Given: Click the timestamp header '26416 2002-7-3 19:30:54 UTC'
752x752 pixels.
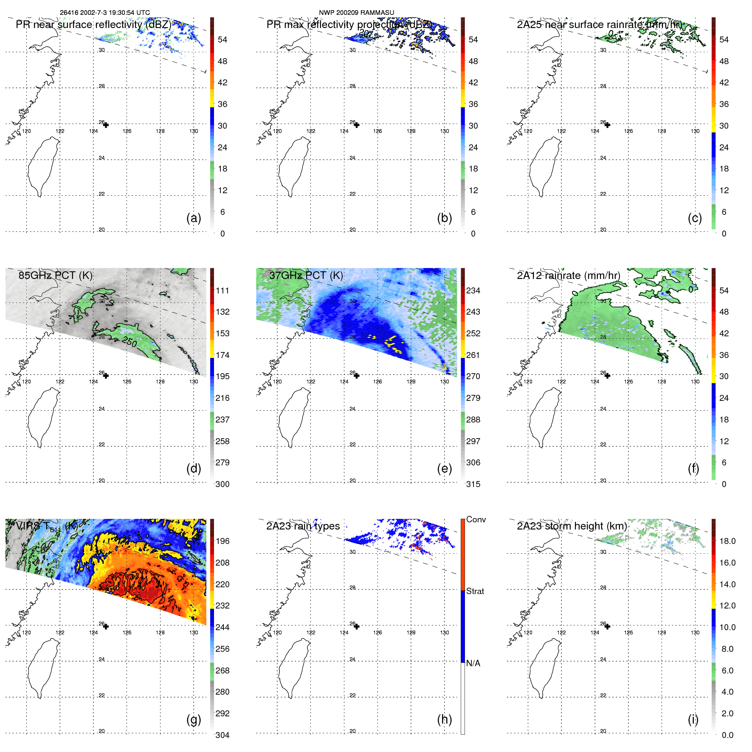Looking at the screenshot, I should (104, 13).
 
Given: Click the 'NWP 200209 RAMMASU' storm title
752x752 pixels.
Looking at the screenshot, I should (356, 13).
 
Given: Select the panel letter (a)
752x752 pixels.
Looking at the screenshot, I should (194, 218).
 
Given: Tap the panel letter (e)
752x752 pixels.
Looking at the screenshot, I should (444, 469).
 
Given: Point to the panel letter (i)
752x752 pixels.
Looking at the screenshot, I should (693, 719).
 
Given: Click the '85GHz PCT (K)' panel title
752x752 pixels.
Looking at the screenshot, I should (55, 275).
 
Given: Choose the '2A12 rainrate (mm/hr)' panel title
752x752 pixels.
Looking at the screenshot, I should (568, 275).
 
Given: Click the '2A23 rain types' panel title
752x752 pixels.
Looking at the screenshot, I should (303, 526).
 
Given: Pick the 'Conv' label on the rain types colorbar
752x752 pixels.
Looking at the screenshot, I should (476, 519).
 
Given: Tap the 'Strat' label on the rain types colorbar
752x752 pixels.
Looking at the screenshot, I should (475, 591).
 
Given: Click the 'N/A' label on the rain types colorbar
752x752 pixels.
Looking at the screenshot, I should (473, 663).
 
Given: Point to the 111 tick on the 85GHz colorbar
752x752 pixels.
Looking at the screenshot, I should (223, 290).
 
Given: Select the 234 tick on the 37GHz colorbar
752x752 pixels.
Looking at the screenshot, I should (473, 290).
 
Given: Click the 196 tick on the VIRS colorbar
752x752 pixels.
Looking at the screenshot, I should (223, 541).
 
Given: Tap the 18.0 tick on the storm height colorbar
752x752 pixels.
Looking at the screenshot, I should (727, 541).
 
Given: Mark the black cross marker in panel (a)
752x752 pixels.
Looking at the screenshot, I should (106, 125).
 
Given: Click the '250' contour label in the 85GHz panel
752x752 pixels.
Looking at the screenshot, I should (129, 341).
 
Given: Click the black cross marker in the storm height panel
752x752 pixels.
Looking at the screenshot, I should (607, 626).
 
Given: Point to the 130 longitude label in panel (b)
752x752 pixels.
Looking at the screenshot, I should (444, 131).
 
